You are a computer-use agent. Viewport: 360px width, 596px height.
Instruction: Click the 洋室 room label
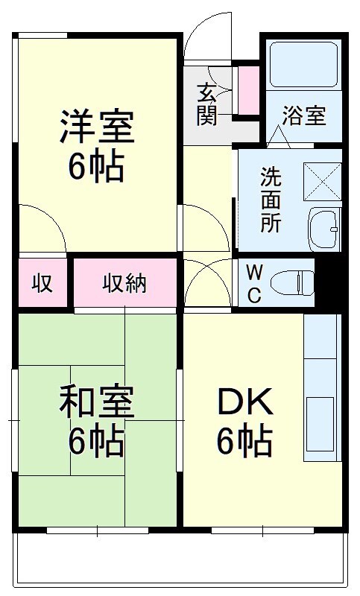point(97,127)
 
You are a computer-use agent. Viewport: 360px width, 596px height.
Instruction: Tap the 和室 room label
point(97,402)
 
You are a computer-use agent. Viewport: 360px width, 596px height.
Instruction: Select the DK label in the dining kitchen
point(244,402)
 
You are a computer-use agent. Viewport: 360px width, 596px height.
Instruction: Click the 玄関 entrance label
point(206,104)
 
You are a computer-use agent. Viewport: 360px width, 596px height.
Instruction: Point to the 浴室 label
point(304,115)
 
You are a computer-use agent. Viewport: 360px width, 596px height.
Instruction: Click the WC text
point(254,284)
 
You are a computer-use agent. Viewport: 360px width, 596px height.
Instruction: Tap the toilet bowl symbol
point(292,283)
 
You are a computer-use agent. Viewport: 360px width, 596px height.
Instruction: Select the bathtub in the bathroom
point(304,64)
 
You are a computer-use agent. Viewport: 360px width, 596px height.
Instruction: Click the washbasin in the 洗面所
point(323,229)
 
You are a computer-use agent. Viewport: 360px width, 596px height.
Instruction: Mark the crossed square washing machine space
point(323,182)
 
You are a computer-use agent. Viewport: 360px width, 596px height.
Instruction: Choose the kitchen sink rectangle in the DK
point(320,424)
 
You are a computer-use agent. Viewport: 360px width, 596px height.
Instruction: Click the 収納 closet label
point(124,284)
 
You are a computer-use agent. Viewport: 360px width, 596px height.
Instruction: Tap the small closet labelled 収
point(42,284)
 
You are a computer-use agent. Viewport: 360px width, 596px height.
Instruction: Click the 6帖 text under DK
point(244,441)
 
